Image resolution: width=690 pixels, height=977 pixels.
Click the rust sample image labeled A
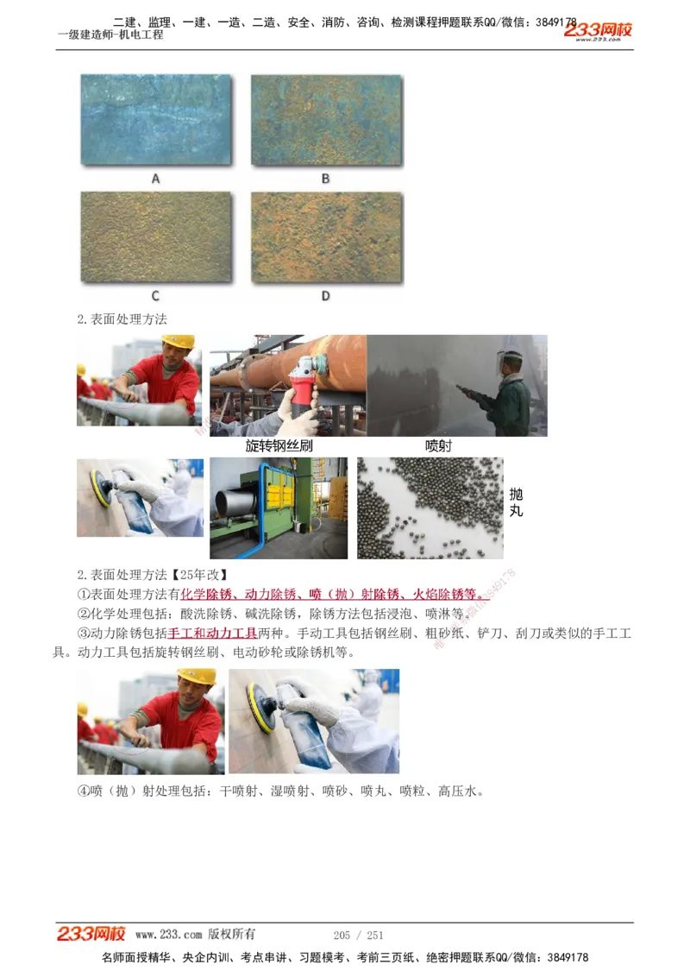[156, 119]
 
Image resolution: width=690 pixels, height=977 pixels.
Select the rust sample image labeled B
[326, 119]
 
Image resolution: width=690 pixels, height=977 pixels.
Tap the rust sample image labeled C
[156, 236]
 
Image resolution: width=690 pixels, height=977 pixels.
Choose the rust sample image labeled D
[326, 236]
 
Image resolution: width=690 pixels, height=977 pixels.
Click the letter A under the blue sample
[156, 179]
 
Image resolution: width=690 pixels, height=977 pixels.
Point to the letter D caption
[326, 296]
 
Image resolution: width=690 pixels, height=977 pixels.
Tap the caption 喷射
[438, 446]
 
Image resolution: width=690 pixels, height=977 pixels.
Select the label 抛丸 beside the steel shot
[516, 501]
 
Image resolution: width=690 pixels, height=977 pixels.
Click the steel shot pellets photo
[430, 507]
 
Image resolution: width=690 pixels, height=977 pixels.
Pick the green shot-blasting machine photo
[278, 507]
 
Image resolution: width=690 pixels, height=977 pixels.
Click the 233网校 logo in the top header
[598, 31]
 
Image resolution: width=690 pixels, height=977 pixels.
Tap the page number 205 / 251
[358, 935]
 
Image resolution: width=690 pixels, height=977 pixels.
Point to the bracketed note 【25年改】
[200, 575]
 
